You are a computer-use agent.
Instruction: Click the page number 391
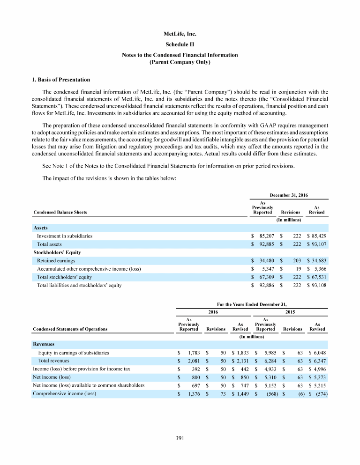point(180,438)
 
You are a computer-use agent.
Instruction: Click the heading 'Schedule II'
point(180,44)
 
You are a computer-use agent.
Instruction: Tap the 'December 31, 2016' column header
point(288,194)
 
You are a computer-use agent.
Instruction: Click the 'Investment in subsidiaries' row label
point(64,236)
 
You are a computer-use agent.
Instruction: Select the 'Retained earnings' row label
point(56,260)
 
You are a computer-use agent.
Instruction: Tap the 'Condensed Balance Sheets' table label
point(60,212)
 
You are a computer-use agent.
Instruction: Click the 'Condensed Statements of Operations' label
point(70,329)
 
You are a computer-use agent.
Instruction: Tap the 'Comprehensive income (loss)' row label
point(64,393)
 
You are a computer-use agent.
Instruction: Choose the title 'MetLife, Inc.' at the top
point(180,34)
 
